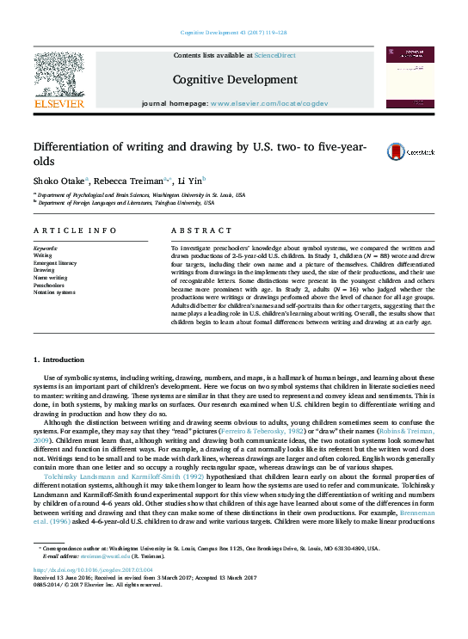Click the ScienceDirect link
pyautogui.click(x=274, y=55)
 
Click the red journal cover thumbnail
pyautogui.click(x=409, y=77)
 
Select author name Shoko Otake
pyautogui.click(x=60, y=181)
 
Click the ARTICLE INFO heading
pyautogui.click(x=75, y=230)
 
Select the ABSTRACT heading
pyautogui.click(x=202, y=230)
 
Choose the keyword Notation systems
pyautogui.click(x=56, y=292)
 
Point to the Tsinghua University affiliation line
pyautogui.click(x=125, y=203)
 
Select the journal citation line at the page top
pyautogui.click(x=234, y=33)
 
